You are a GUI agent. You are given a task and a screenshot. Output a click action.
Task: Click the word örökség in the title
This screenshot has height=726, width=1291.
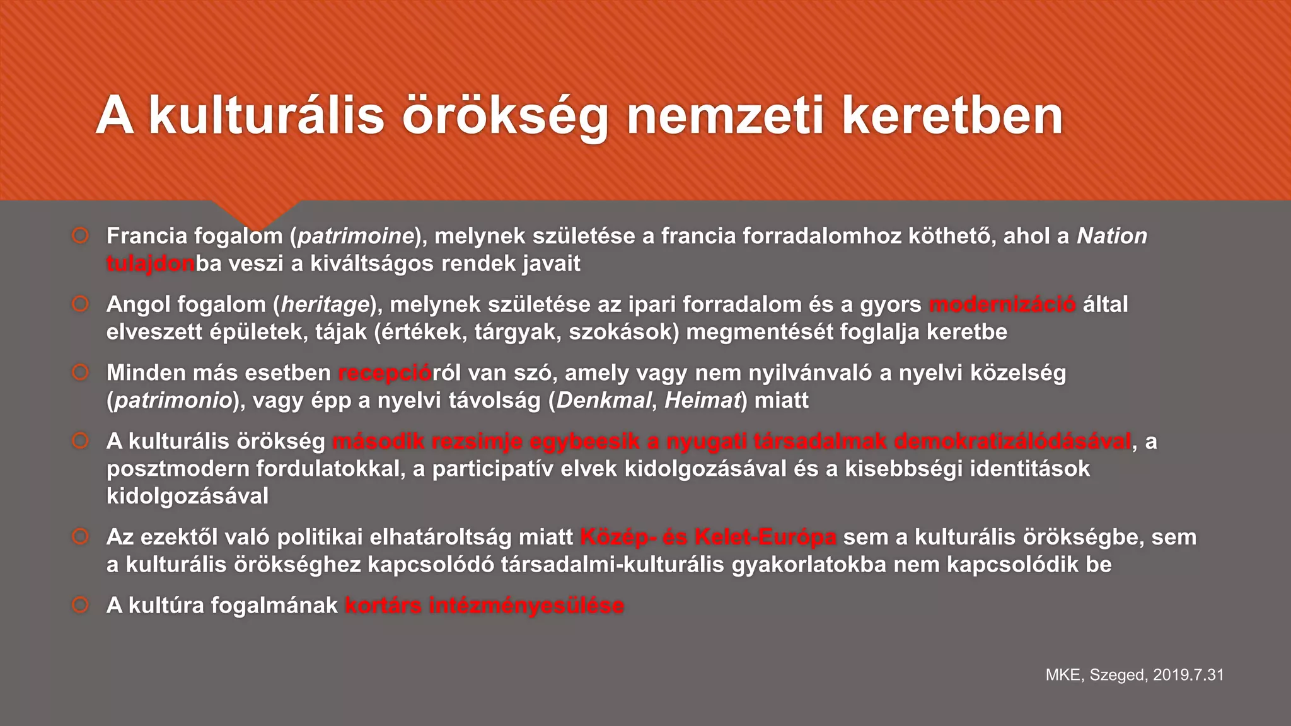click(505, 117)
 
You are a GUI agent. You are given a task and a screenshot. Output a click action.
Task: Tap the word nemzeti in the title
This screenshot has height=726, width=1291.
click(725, 117)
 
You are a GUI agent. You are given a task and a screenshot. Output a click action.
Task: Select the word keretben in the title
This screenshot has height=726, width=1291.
click(952, 117)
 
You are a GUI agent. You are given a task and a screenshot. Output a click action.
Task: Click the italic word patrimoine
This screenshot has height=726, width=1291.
click(355, 236)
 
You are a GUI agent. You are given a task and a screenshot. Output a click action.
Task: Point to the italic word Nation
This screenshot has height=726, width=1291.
click(1112, 236)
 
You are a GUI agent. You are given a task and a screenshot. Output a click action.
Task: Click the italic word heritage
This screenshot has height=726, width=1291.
click(325, 305)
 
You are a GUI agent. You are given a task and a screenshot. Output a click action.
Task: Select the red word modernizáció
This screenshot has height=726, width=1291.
click(1002, 305)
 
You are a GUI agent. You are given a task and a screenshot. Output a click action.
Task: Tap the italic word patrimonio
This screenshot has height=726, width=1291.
click(173, 401)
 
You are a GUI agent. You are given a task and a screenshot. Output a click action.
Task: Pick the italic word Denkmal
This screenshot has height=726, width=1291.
click(603, 401)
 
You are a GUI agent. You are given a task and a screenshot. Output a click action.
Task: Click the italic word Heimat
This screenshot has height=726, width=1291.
click(702, 401)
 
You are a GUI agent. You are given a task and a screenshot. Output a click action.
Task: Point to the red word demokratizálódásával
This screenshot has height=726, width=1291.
click(1012, 442)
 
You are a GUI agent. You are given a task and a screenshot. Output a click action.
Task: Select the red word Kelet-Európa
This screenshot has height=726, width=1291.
click(765, 538)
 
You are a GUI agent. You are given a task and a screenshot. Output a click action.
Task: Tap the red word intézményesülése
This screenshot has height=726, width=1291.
click(526, 606)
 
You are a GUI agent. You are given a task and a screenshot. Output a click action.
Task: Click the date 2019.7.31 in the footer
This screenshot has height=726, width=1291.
click(1188, 675)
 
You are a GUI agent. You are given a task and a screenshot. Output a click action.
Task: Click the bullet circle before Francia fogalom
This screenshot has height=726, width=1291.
click(80, 236)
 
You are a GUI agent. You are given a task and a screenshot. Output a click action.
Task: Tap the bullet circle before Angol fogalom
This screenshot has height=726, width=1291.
click(80, 304)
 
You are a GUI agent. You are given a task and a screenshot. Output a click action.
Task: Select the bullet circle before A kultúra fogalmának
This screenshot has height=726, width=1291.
click(80, 606)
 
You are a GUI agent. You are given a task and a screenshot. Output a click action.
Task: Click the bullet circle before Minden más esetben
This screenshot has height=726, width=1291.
click(80, 372)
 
